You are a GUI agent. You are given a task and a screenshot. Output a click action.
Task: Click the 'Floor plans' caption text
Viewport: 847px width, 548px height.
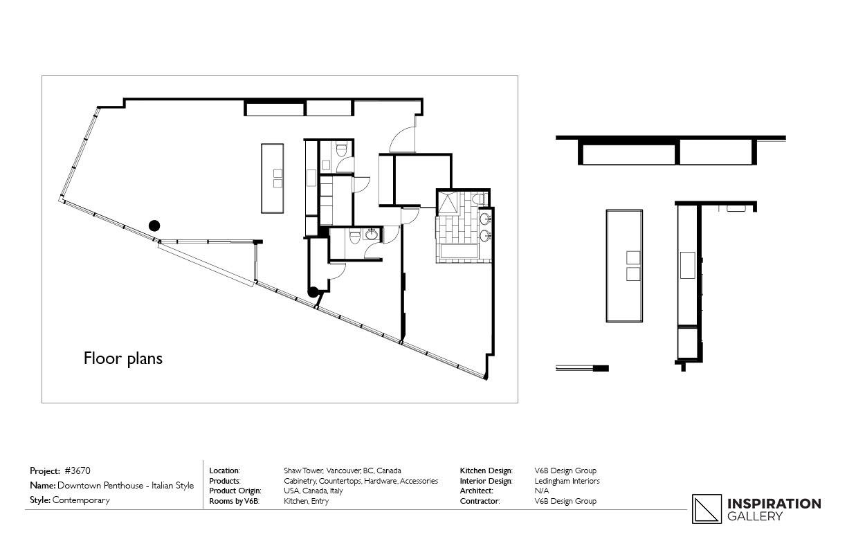tap(122, 358)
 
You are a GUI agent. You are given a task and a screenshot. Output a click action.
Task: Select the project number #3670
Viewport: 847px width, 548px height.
tap(77, 471)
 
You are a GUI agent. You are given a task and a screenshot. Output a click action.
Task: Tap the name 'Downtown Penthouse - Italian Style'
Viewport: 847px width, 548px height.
tap(125, 486)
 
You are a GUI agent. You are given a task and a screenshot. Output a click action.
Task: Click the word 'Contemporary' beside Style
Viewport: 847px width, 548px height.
tap(81, 500)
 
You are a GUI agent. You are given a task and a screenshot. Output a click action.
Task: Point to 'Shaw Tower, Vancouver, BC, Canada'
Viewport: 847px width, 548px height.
tap(342, 471)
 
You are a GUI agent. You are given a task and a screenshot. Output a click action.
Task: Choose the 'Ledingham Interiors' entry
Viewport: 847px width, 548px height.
tap(567, 481)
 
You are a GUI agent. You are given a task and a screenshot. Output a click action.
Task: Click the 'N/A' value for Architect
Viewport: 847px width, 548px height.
tap(542, 491)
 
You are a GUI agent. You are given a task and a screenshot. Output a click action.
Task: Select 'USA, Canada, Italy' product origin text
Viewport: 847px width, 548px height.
tap(313, 491)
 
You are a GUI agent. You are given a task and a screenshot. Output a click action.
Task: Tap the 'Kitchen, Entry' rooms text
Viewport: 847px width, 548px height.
tap(306, 501)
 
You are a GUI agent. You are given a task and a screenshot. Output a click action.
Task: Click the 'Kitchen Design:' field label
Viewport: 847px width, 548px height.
tap(486, 471)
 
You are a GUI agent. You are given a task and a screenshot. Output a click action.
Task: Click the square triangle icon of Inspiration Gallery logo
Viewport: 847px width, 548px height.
tap(705, 509)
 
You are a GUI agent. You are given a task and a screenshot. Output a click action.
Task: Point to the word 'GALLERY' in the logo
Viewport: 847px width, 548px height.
tap(754, 516)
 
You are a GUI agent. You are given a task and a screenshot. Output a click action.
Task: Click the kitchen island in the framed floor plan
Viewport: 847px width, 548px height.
tap(272, 178)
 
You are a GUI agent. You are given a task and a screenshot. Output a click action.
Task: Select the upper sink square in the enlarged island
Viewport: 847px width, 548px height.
tap(633, 257)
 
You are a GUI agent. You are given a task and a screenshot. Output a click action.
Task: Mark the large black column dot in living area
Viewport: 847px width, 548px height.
tap(155, 225)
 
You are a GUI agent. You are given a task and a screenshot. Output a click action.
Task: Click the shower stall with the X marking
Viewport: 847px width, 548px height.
tap(447, 201)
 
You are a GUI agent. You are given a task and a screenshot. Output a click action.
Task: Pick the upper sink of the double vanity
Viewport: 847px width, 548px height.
tap(486, 220)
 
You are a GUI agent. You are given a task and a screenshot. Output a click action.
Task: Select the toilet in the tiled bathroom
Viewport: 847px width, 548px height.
tap(477, 199)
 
